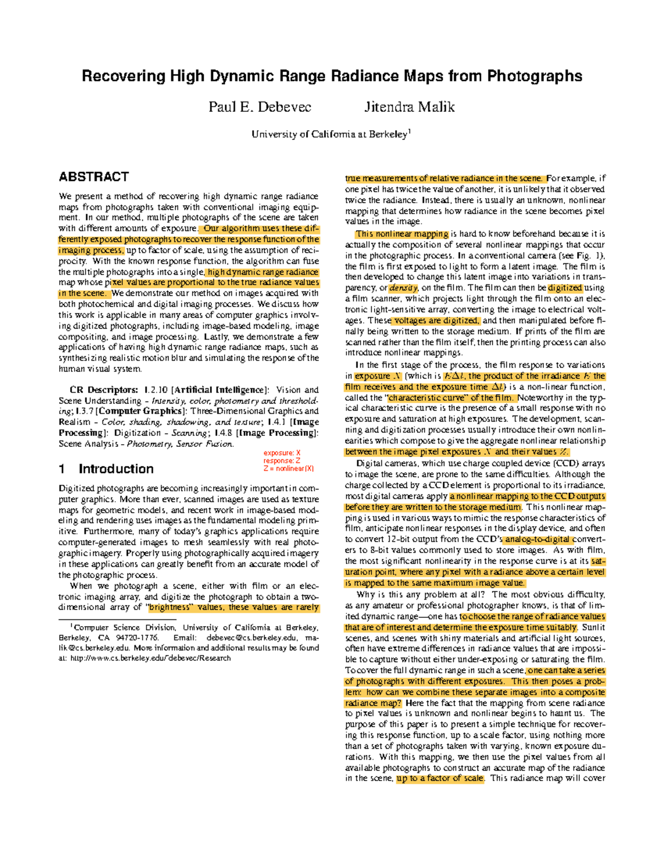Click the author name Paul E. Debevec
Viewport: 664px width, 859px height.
pos(260,107)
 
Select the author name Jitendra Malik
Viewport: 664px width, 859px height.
pos(409,107)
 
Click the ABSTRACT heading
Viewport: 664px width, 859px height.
pos(94,177)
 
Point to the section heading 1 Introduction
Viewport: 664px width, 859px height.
pos(106,469)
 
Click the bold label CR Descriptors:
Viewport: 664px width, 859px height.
pos(103,390)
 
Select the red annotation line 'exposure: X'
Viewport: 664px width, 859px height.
pos(282,453)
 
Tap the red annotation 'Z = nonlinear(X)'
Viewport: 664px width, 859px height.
pos(288,468)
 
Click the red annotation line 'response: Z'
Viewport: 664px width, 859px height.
pos(282,461)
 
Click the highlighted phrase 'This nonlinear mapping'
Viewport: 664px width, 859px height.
pos(402,234)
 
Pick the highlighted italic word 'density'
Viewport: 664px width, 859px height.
pos(403,288)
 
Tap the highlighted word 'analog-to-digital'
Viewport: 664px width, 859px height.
pos(537,539)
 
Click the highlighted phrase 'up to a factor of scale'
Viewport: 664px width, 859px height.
pos(440,778)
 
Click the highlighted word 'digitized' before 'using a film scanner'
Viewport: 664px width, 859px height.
pos(565,288)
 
